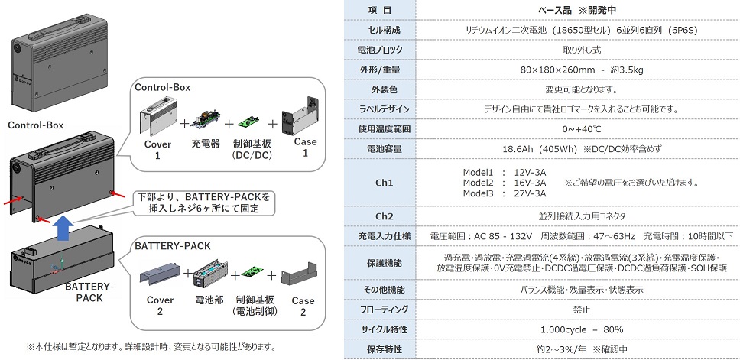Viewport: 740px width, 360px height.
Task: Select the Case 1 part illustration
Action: (x=300, y=115)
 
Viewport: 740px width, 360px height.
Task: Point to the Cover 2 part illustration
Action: (x=155, y=274)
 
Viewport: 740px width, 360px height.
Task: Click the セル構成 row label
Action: (x=380, y=30)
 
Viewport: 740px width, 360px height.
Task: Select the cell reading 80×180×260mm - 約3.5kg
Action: (x=577, y=70)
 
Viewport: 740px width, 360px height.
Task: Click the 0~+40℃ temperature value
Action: (x=577, y=128)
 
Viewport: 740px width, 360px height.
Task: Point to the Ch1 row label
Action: (x=380, y=183)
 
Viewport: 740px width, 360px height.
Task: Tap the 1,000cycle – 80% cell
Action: (x=577, y=329)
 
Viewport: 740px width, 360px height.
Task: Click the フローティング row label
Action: (x=380, y=310)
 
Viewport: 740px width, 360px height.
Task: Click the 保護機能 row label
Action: (x=380, y=263)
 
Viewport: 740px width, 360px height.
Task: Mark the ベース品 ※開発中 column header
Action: (x=577, y=10)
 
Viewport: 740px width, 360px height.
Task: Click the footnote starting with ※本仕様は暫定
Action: (x=151, y=346)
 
